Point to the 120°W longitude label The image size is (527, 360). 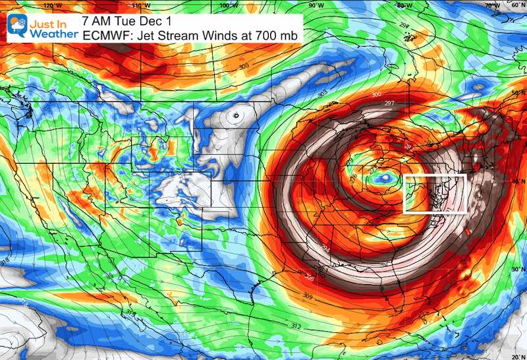tap(48, 5)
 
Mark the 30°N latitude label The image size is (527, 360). tap(518, 269)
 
